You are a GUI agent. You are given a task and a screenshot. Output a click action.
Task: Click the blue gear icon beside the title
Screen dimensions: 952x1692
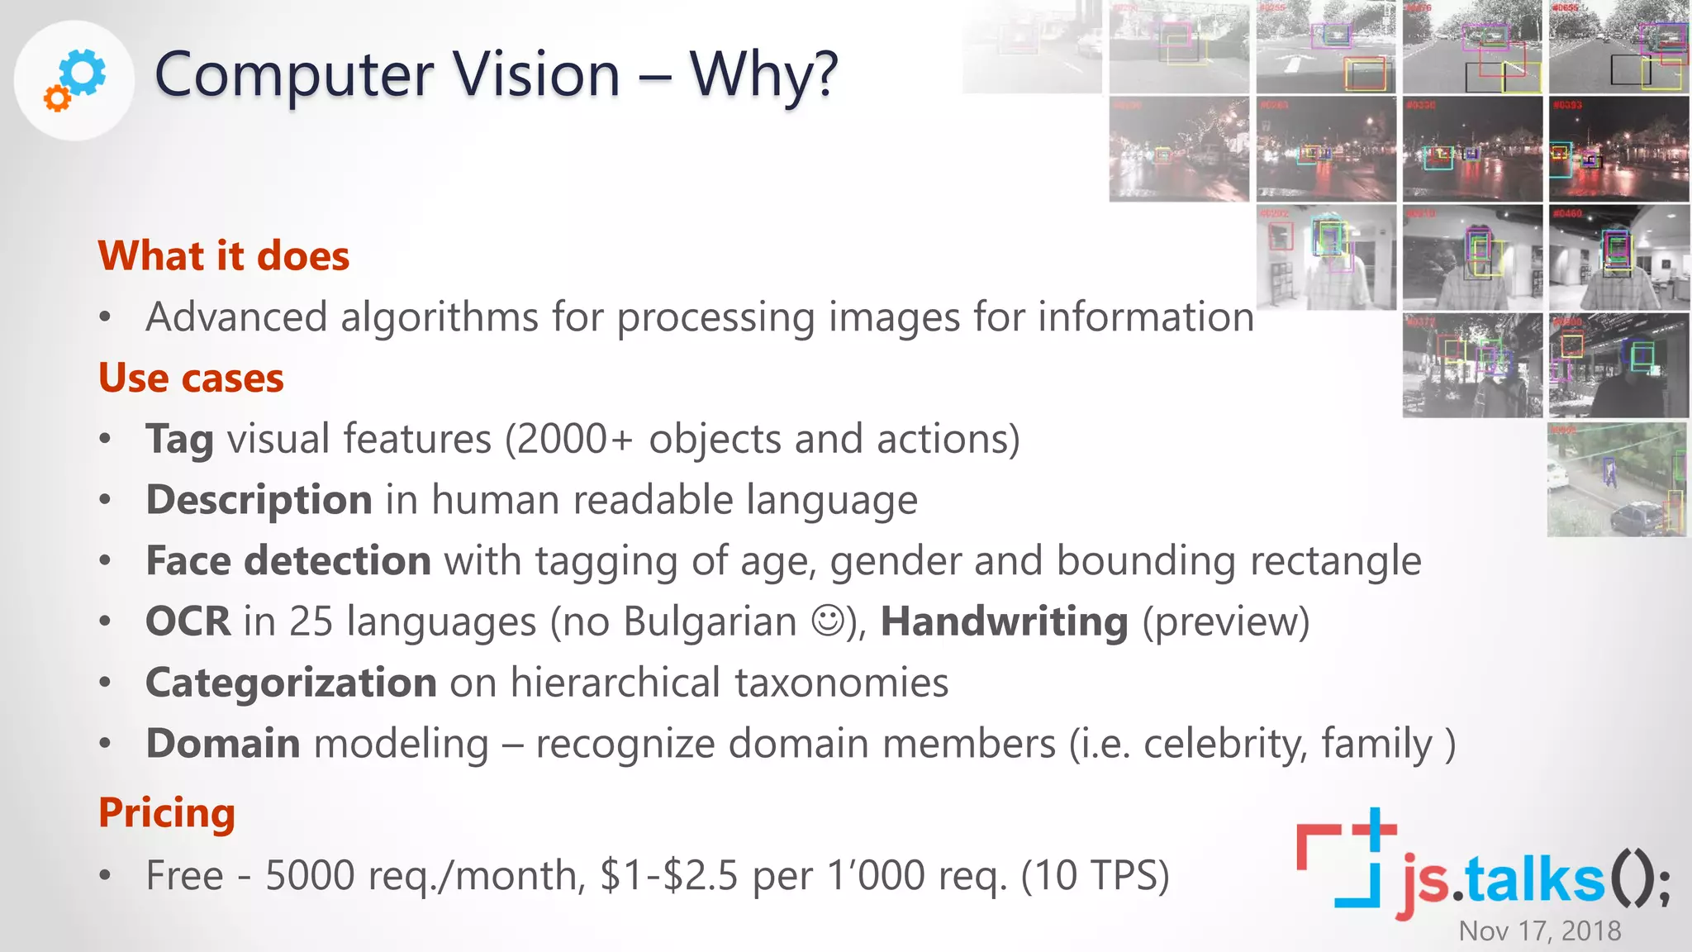(x=83, y=72)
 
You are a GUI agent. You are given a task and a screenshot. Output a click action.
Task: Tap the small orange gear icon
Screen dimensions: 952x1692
(x=57, y=99)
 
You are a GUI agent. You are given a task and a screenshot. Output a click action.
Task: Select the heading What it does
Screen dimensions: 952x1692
(x=224, y=255)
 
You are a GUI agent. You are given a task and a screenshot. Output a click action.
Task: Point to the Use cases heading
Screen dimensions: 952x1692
(x=191, y=378)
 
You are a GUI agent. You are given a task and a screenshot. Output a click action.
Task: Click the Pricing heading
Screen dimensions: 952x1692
(x=167, y=812)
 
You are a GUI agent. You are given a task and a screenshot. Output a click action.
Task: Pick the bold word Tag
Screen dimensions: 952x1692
(x=179, y=439)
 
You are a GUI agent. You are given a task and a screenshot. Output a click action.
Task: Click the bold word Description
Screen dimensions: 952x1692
(x=259, y=500)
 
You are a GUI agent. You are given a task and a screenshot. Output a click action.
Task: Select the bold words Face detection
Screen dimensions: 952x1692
(x=288, y=560)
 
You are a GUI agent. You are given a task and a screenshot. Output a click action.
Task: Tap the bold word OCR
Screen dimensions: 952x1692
(x=188, y=621)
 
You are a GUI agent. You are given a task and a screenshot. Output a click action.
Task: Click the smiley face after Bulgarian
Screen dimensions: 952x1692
(x=828, y=621)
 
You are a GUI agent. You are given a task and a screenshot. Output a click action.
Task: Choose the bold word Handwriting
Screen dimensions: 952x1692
(x=1004, y=621)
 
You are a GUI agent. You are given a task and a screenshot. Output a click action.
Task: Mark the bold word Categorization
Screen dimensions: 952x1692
(x=291, y=683)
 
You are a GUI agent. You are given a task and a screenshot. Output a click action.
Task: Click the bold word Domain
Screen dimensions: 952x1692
(x=223, y=743)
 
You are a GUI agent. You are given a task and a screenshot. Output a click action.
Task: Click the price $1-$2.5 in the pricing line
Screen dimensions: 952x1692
(x=668, y=875)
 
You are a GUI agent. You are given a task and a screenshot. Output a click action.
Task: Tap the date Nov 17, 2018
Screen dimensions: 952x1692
(x=1539, y=931)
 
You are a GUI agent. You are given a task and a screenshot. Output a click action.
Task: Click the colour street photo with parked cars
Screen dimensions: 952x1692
(x=1616, y=480)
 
